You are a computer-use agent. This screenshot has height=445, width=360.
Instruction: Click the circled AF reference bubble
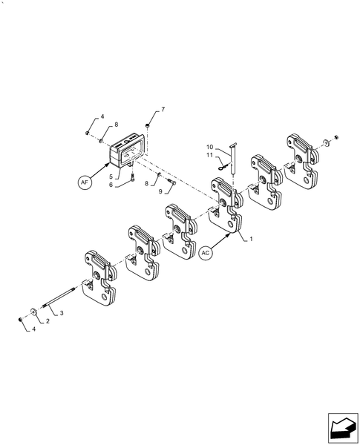tap(86, 180)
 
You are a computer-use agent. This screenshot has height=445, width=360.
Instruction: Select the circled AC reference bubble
tap(207, 253)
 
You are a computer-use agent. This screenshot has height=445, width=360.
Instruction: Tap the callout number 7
tap(163, 110)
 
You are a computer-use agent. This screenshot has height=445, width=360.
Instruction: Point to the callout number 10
tap(210, 148)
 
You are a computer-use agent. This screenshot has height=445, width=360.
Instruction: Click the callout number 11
tap(210, 156)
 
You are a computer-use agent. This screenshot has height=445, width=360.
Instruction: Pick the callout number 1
tap(251, 239)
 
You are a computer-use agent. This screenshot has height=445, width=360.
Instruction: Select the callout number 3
tap(62, 314)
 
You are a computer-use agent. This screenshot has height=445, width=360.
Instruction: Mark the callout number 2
tap(48, 321)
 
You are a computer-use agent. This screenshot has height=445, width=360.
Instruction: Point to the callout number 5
tap(111, 177)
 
